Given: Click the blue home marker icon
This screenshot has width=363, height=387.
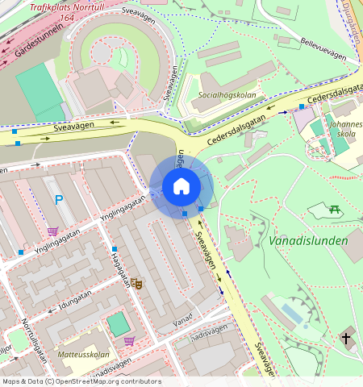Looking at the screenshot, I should coord(181,186).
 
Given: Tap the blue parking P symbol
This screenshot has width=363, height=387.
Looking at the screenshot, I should coord(57,199).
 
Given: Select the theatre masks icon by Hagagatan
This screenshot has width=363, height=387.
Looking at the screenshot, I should coord(136,284).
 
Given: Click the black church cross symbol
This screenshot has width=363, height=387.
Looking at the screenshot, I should coord(346,338).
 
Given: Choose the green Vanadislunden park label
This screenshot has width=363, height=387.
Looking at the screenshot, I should coord(308,240).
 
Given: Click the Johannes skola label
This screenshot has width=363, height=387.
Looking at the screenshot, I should coord(344,130).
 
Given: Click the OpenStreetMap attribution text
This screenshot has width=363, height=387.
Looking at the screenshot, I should coord(81,381).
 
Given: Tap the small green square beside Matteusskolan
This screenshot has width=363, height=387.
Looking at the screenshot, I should coord(118,325).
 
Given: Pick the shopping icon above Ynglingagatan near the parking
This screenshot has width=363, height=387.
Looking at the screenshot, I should coord(52,231).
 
